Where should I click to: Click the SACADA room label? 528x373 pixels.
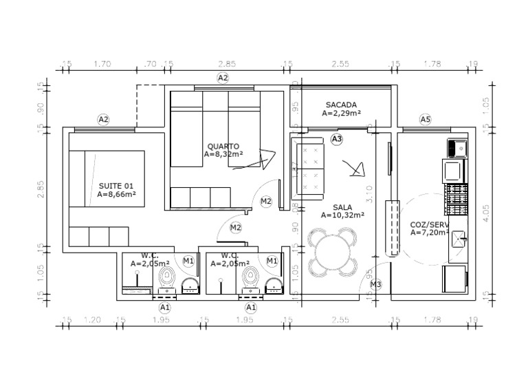coord(341,105)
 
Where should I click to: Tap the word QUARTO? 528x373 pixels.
coord(223,146)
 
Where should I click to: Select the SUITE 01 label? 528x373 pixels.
coord(115,186)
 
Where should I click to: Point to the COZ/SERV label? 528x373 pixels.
coord(429,224)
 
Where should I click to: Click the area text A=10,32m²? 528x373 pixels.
coord(342,215)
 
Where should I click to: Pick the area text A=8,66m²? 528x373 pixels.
coord(115,195)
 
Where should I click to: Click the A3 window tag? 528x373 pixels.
coord(337,139)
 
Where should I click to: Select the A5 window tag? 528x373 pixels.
coord(426,120)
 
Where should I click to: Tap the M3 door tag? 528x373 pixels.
coord(375,284)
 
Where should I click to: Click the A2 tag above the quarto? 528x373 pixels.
coord(222,78)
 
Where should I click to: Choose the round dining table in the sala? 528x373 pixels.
coord(333,253)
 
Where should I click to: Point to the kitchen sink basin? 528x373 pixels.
coord(458,147)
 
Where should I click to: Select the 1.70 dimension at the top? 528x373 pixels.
coord(102,64)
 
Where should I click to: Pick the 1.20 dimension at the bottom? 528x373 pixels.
coord(92,320)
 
